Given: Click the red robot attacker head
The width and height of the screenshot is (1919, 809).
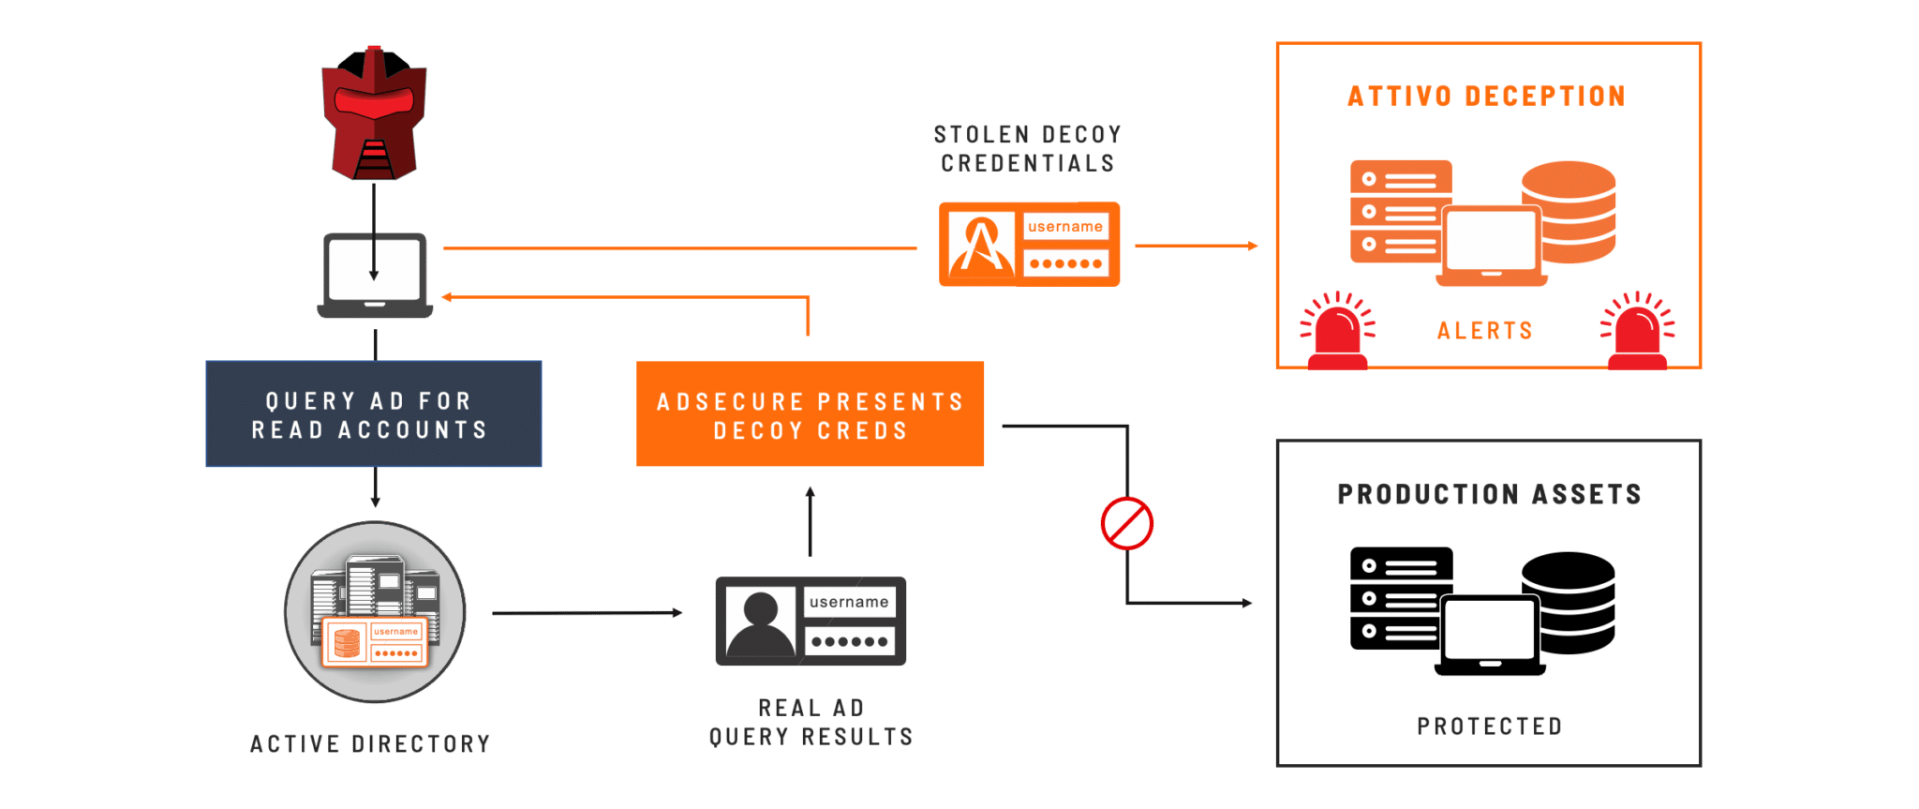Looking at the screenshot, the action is tap(374, 112).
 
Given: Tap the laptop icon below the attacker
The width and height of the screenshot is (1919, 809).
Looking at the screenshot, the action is tap(375, 276).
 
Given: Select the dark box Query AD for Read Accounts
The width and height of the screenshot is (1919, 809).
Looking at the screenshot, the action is tap(374, 413).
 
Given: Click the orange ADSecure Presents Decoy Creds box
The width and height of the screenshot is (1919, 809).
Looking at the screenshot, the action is tap(810, 413).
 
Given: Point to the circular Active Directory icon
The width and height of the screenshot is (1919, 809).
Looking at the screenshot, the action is tap(375, 612).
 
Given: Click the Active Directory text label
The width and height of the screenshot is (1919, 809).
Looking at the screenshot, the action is tap(370, 744).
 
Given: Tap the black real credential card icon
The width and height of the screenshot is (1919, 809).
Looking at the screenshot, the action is tap(811, 621).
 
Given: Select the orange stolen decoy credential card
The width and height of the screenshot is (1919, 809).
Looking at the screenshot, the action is tap(1029, 244).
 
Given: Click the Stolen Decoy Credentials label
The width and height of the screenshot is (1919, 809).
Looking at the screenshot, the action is tap(1028, 149).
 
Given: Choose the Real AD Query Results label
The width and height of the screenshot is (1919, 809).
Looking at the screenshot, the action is tap(811, 723).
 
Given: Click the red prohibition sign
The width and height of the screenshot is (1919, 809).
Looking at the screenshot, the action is tap(1127, 523).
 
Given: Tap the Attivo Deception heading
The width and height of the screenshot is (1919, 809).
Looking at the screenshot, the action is tap(1487, 97).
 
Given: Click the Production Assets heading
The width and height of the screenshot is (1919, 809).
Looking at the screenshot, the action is tap(1490, 494).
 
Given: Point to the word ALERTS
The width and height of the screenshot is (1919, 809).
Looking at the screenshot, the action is tap(1485, 331).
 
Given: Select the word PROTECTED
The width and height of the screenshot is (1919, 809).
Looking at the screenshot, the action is tap(1490, 727).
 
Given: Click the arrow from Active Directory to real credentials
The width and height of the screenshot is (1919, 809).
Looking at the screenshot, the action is tap(588, 613).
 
